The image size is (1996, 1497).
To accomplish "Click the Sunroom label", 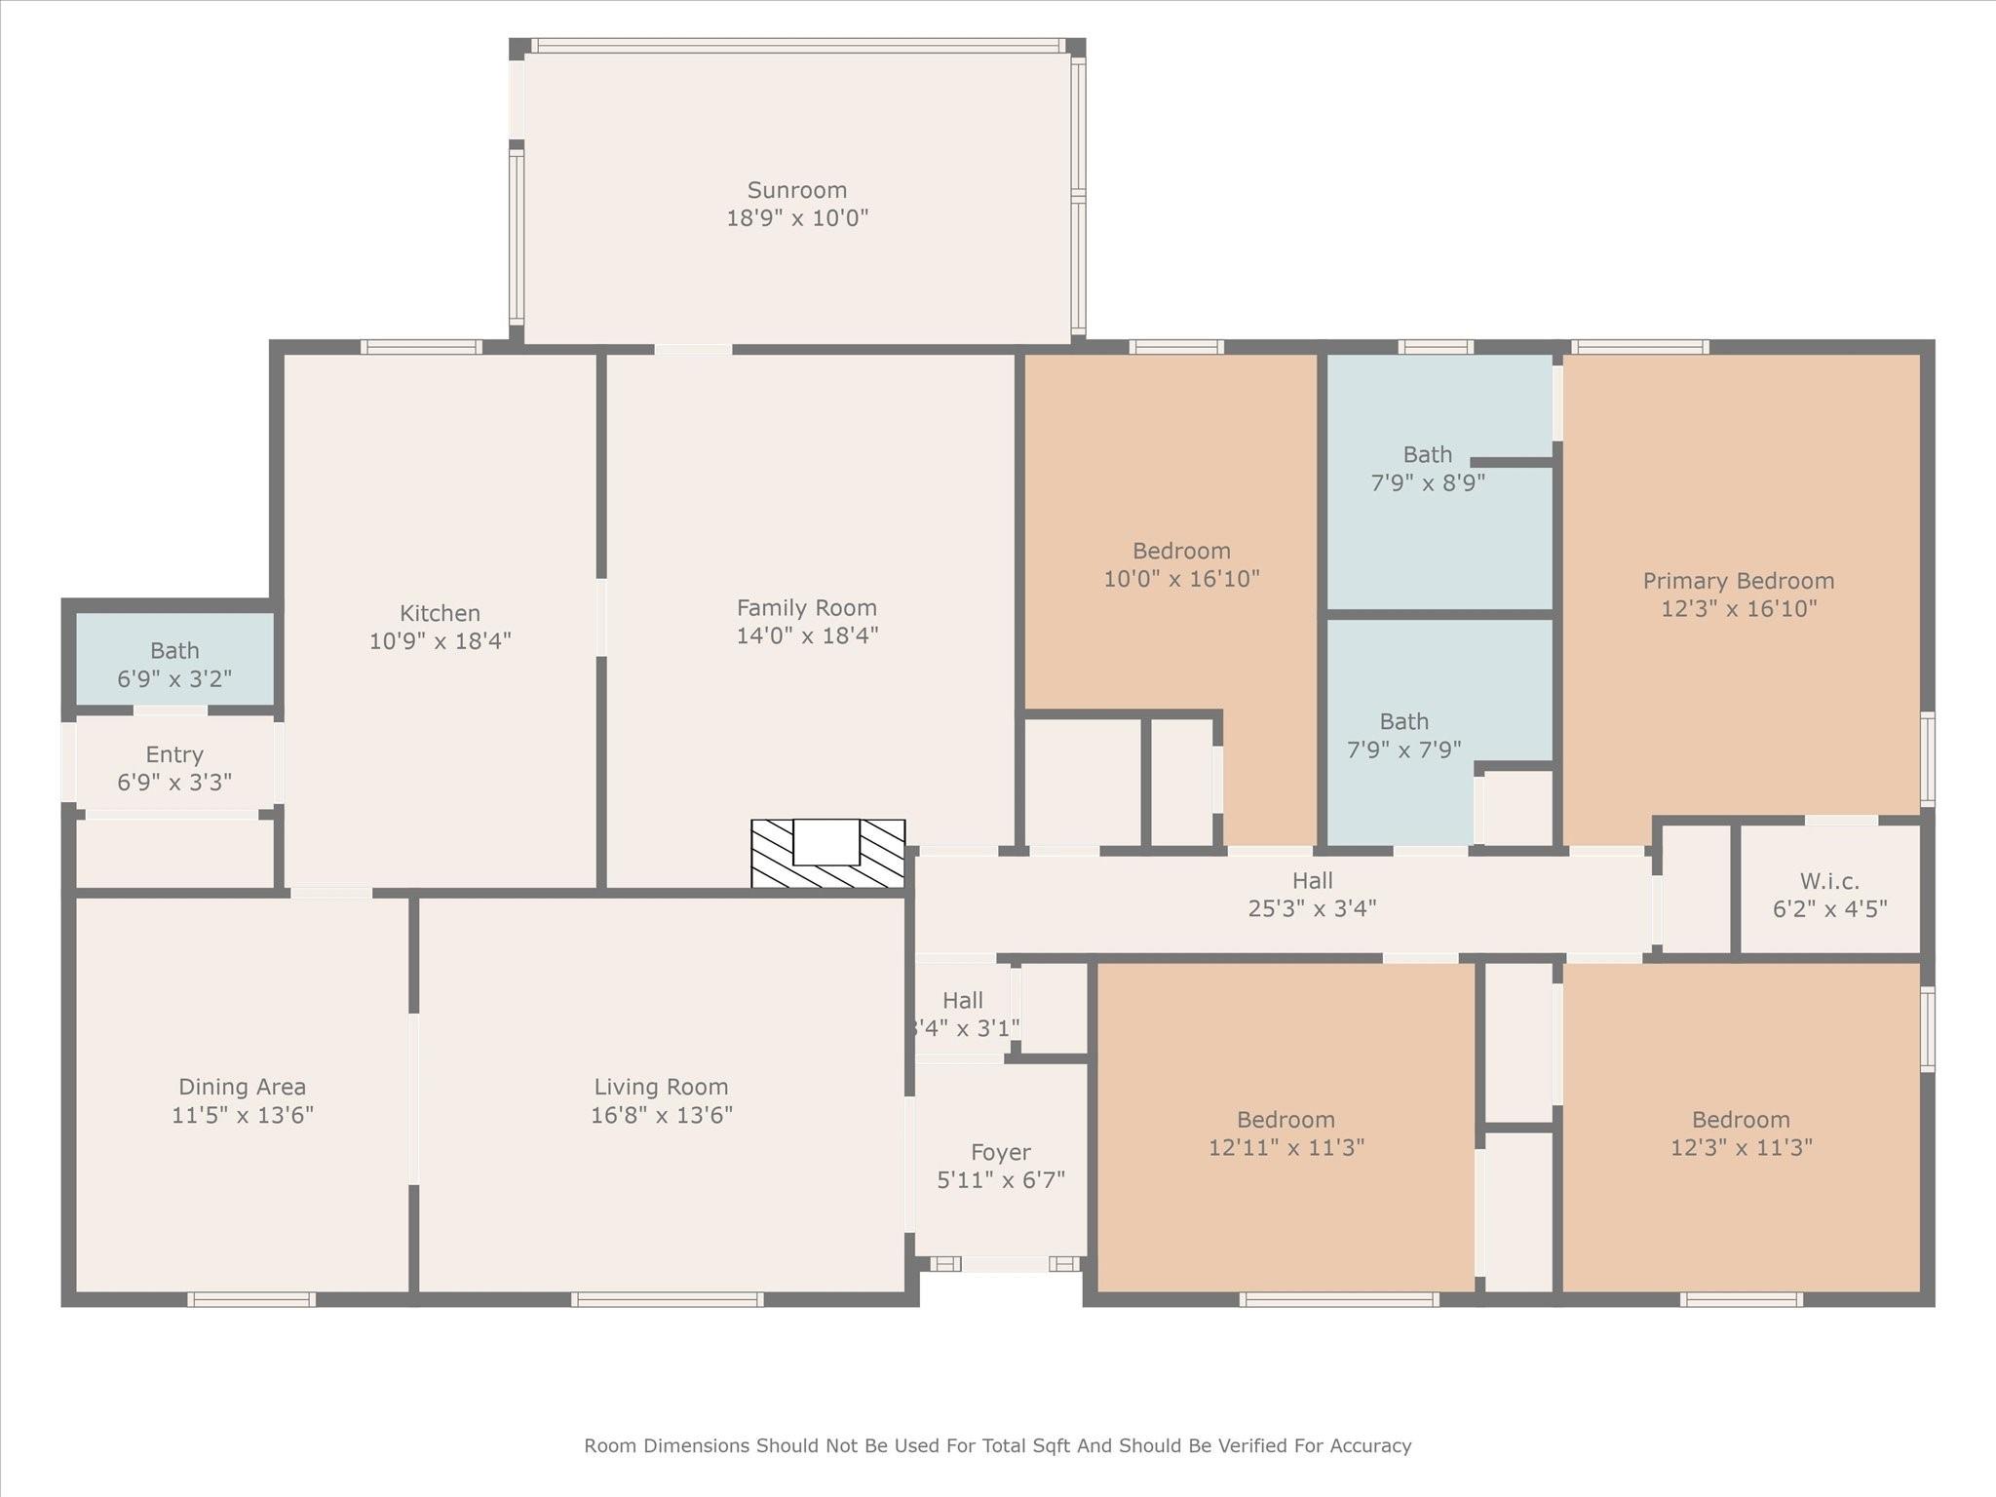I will tap(796, 190).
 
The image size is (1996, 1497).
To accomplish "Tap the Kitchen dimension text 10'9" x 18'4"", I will tap(440, 641).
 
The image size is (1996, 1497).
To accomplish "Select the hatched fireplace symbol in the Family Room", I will tap(827, 855).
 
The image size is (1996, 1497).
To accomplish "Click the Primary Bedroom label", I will tap(1738, 581).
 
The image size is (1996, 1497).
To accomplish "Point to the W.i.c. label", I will tap(1829, 881).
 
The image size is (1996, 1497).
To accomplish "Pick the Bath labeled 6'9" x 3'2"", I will tap(174, 664).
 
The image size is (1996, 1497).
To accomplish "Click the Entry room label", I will tap(174, 754).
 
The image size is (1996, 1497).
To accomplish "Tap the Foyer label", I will tap(1000, 1152).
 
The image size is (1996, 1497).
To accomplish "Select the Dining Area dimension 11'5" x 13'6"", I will tap(242, 1115).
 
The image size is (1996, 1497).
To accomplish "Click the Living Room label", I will tap(661, 1087).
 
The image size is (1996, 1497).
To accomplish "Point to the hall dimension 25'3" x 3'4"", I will tap(1312, 908).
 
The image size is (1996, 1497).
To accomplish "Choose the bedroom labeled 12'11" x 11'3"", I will tap(1286, 1132).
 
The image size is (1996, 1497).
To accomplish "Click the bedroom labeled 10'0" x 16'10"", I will tap(1181, 564).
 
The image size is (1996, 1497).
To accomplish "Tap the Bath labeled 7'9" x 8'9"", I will tap(1428, 468).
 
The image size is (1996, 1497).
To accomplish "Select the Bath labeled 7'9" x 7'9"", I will tap(1403, 735).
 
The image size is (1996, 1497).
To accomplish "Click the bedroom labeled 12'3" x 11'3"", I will tap(1741, 1132).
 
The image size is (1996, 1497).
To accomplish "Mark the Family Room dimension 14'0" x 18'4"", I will tap(806, 635).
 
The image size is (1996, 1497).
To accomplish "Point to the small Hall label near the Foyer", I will tap(962, 1000).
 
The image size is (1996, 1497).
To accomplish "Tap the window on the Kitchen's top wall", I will tap(421, 347).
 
